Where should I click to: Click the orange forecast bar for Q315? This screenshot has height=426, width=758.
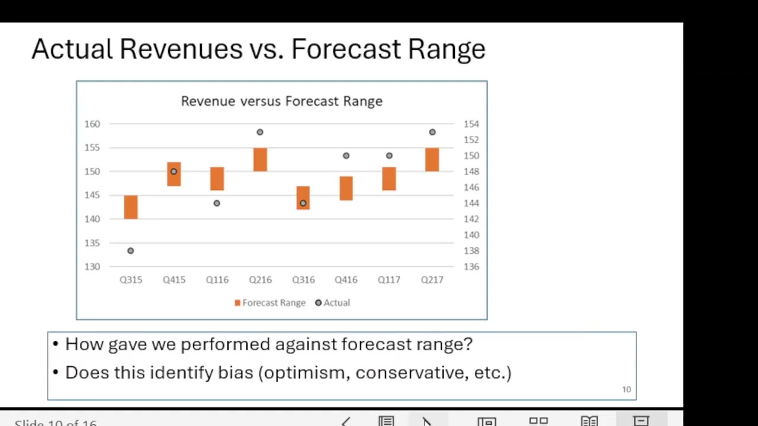pos(131,207)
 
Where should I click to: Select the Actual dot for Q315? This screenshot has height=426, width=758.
pos(131,251)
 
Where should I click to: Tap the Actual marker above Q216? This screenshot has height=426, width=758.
pos(260,132)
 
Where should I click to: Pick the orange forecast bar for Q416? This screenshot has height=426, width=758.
pos(346,188)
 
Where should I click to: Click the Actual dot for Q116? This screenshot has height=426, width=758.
pos(217,204)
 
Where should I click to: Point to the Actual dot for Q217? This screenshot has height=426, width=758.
pos(432,132)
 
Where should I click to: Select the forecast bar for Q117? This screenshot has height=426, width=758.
pos(389,179)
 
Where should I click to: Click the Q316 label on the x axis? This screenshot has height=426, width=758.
pos(303,280)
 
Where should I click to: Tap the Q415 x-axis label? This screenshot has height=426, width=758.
pos(174,280)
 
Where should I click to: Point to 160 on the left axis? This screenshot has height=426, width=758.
pos(92,124)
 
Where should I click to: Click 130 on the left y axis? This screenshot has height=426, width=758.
pos(92,267)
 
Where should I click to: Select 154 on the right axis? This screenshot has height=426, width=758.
pos(471,124)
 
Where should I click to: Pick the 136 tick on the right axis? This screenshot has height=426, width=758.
pos(471,267)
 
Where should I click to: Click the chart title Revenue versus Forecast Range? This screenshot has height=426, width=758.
pos(281,101)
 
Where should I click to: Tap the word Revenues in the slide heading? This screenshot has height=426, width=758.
pos(181,49)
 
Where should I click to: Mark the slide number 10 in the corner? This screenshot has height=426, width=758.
pos(626,389)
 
